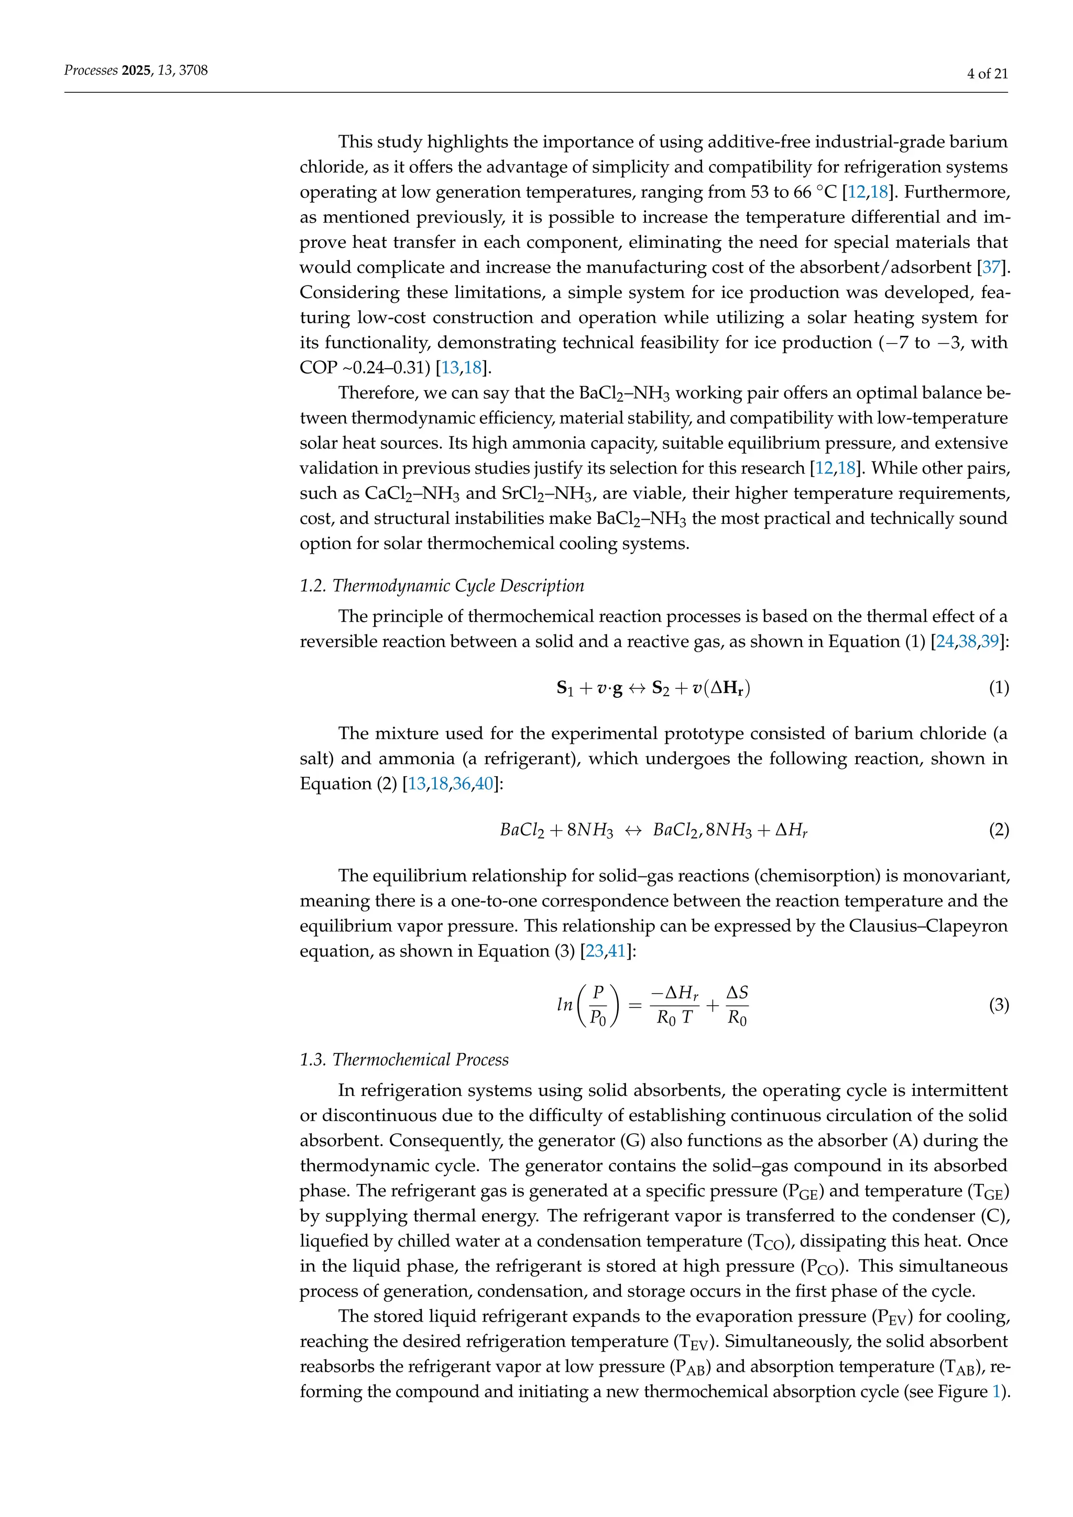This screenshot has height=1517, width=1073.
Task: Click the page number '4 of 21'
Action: pos(987,74)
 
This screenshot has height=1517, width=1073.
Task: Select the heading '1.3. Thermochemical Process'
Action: pos(404,1059)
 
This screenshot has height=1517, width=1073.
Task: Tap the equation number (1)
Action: pos(998,688)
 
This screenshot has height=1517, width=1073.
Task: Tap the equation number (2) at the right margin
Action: pos(998,830)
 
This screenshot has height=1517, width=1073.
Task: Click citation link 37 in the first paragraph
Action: pos(991,268)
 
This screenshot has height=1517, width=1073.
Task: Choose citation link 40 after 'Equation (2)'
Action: pos(484,784)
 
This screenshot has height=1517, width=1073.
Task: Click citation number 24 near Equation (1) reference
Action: pos(945,642)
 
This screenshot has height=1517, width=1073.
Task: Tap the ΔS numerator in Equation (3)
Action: pos(737,993)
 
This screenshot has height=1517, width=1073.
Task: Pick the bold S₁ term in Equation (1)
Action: pos(565,688)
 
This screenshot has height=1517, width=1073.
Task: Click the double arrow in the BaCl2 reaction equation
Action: pos(633,830)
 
